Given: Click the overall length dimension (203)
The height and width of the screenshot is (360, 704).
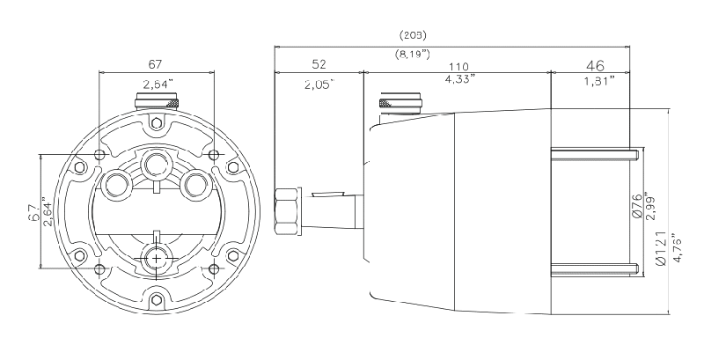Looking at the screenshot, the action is click(x=413, y=34).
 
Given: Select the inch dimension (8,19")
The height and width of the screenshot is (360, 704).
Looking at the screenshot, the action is click(x=413, y=55).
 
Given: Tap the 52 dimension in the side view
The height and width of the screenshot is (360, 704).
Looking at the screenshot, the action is click(x=319, y=64).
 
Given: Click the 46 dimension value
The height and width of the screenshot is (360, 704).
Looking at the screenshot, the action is click(x=596, y=66).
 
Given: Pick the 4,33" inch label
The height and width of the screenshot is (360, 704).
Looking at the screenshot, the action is click(x=459, y=79).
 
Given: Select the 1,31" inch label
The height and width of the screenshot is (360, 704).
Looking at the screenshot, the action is click(x=599, y=81).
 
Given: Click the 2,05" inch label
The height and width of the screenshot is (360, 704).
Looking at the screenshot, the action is click(x=320, y=84).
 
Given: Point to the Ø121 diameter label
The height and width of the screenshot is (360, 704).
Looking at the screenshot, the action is click(x=660, y=250).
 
